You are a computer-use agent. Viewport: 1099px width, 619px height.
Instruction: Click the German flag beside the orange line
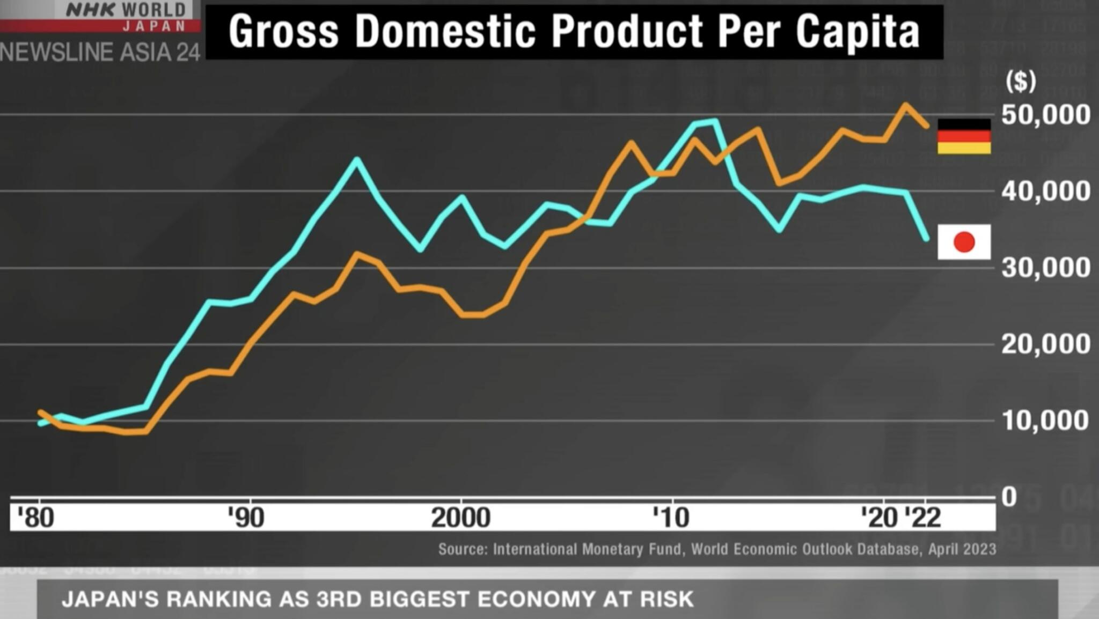(964, 136)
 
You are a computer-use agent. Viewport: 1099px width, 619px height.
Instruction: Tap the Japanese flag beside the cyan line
(964, 242)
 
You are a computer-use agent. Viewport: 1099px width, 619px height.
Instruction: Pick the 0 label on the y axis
(1009, 497)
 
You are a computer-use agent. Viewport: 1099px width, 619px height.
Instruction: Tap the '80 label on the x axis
(35, 518)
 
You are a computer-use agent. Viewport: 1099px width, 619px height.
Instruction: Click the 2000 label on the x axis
(460, 518)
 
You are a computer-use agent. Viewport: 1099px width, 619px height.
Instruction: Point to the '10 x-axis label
(671, 518)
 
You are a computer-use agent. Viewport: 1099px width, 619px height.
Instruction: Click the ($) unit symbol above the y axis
(1020, 81)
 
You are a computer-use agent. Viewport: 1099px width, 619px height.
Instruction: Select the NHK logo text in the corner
(90, 9)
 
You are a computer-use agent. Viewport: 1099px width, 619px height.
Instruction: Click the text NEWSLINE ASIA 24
(100, 53)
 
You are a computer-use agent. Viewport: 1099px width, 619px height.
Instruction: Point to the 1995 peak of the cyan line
(357, 159)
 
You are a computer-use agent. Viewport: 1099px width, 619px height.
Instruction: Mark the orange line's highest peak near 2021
(905, 105)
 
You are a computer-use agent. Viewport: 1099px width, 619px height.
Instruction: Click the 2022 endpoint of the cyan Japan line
(926, 238)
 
